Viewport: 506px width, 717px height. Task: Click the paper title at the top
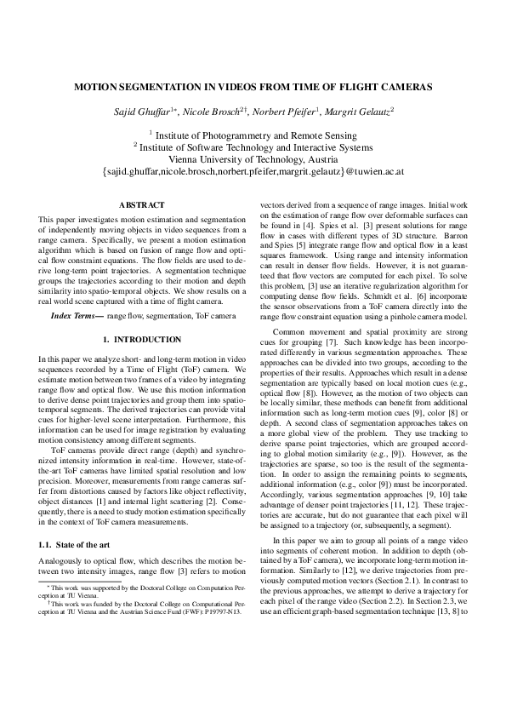pos(253,87)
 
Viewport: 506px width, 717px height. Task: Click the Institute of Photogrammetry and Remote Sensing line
pos(253,135)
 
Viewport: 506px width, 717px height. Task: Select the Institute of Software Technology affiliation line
pos(253,146)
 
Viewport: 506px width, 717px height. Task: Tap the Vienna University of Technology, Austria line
pos(253,158)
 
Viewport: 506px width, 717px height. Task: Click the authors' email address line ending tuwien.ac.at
pos(253,171)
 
